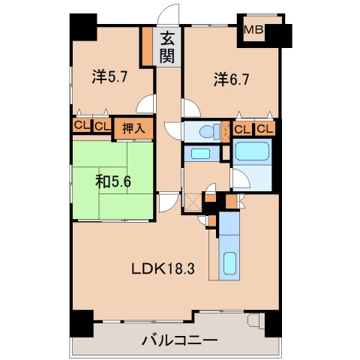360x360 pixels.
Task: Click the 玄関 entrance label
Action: [x=166, y=46]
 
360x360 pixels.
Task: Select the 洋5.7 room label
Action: [x=109, y=76]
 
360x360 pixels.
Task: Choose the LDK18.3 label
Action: [x=163, y=269]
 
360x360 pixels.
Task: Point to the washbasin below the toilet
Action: [x=199, y=154]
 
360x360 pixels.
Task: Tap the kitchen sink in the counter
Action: [x=230, y=265]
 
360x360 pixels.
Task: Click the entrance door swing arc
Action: [x=170, y=15]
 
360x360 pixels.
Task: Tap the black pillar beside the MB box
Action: [x=280, y=34]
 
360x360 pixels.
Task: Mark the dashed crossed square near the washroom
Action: [x=192, y=201]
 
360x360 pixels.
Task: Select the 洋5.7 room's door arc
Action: [x=148, y=107]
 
